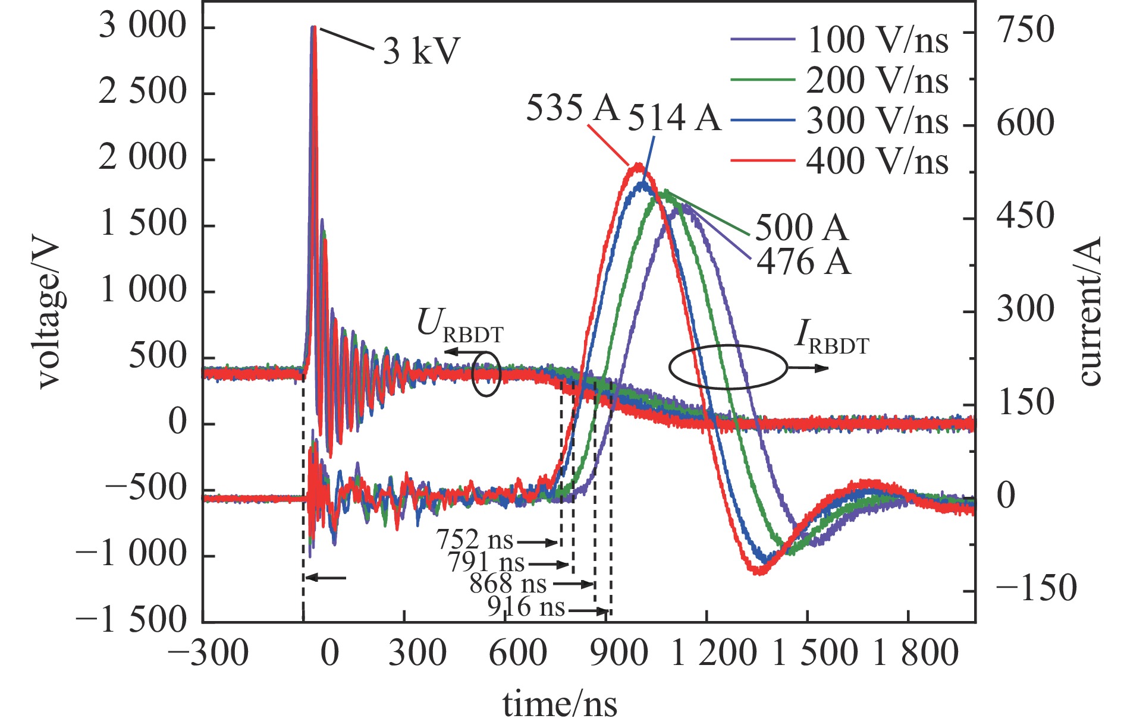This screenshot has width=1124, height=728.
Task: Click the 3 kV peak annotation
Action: click(421, 51)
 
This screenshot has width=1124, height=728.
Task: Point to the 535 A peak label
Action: click(572, 109)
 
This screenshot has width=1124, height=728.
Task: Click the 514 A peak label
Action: click(674, 117)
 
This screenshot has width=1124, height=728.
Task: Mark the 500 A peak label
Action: click(801, 228)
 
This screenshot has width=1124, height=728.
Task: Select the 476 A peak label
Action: click(803, 261)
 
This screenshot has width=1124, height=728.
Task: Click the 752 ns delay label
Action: click(475, 540)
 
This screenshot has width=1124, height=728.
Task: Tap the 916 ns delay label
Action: click(526, 607)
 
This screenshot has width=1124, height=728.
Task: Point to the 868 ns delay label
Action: click(508, 584)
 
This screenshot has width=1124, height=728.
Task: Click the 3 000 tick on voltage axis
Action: click(143, 27)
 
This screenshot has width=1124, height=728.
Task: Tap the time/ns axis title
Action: click(560, 704)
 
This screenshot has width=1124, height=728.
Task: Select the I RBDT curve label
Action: click(831, 338)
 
